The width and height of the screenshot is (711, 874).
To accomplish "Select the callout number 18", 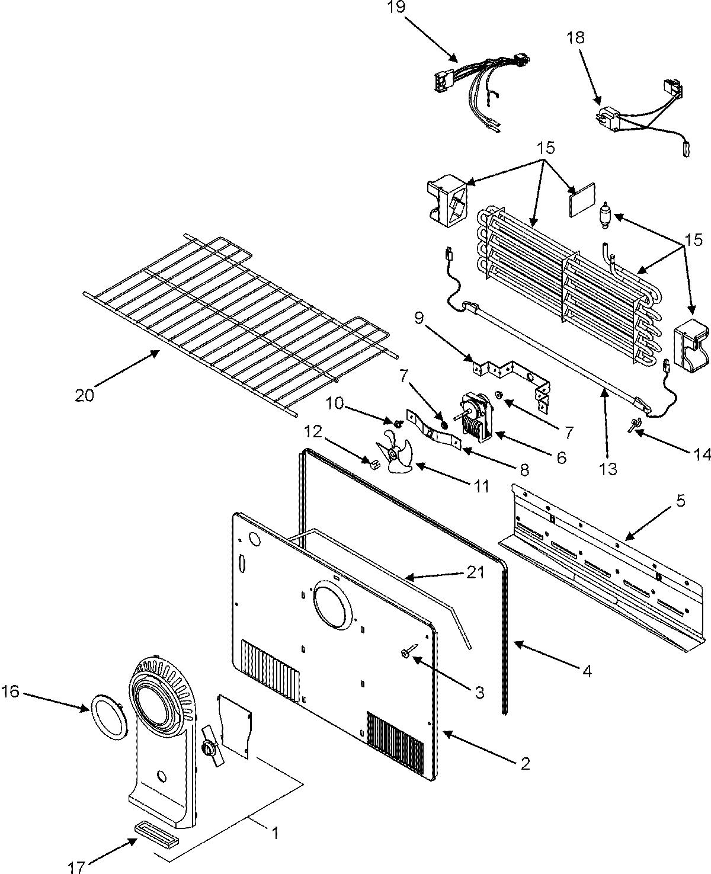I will point(575,38).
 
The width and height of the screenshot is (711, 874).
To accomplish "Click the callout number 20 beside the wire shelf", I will point(85,395).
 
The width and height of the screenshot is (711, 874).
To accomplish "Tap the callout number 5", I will point(680,501).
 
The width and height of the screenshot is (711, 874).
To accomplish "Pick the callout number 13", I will point(608,469).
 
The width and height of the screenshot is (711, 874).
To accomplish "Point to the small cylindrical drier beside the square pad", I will point(605,216).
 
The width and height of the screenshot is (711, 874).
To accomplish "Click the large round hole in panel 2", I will point(332,604).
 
